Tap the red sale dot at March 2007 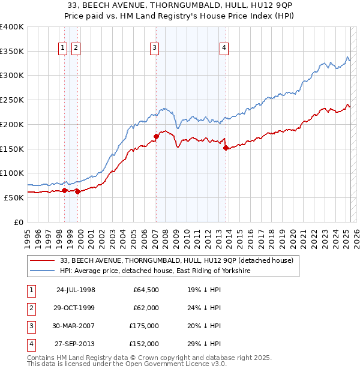click(x=155, y=136)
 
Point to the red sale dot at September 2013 click(x=225, y=148)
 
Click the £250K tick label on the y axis click(x=13, y=100)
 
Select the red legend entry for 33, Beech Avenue click(x=176, y=260)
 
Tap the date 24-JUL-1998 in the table click(x=76, y=290)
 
